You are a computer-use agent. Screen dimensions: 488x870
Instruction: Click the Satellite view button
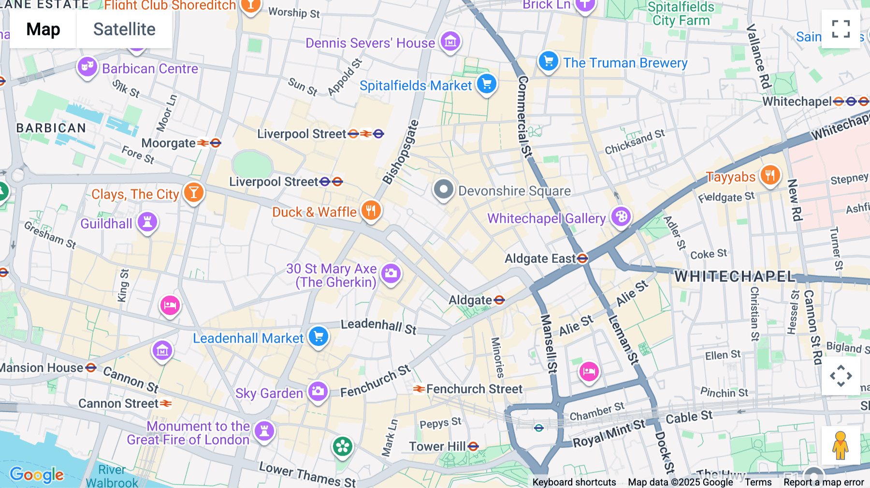coord(124,29)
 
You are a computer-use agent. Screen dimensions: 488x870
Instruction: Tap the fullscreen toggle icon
coord(841,29)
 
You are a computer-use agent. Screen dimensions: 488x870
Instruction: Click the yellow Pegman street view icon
coord(841,445)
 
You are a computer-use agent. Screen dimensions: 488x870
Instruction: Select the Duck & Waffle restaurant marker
coord(371,211)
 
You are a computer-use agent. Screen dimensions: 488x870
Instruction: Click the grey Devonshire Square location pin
coord(443,189)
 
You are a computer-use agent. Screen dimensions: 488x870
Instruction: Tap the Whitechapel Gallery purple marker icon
coord(621,217)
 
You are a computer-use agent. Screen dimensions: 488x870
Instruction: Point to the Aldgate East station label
coord(540,259)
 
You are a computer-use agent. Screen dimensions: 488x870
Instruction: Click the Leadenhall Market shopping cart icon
coord(319,336)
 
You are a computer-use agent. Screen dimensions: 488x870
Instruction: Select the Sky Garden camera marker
coord(318,391)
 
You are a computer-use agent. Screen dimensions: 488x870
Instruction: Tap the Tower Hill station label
coord(437,446)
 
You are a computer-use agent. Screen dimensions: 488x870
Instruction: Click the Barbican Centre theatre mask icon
coord(87,67)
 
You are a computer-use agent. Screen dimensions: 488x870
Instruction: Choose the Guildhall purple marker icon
coord(147,222)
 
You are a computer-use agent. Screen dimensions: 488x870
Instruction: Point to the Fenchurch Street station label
coord(474,389)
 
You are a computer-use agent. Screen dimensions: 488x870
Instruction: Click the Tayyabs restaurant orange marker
coord(770,175)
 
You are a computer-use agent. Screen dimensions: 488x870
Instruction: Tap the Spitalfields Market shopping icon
coord(487,84)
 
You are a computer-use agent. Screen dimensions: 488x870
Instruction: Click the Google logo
coord(37,475)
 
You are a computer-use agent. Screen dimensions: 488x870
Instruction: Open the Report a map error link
coord(824,482)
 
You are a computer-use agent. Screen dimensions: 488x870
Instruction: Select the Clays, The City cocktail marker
coord(193,192)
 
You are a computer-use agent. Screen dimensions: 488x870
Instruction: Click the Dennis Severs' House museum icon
coord(450,42)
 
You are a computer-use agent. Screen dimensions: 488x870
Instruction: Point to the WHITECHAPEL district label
coord(735,276)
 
